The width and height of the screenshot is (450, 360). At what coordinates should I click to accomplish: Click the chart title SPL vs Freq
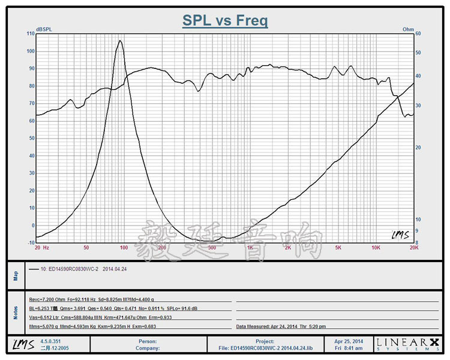[x=225, y=21]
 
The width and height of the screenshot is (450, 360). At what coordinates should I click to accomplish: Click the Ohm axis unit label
[x=408, y=29]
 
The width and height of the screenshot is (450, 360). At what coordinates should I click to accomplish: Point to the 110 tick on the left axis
[x=31, y=34]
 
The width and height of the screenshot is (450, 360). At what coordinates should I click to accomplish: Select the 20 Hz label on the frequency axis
[x=41, y=247]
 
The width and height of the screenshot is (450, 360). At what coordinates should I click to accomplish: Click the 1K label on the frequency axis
[x=250, y=247]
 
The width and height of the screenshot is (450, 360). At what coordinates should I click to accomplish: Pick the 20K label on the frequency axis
[x=413, y=247]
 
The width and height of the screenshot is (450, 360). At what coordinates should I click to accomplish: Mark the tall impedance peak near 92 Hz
[x=120, y=41]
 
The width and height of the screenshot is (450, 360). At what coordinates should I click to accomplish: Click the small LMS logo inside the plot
[x=399, y=235]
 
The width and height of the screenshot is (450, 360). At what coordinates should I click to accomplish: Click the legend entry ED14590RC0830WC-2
[x=83, y=269]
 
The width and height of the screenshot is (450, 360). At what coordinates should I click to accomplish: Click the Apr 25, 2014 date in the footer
[x=349, y=341]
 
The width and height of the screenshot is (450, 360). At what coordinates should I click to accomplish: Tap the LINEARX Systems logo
[x=407, y=344]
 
